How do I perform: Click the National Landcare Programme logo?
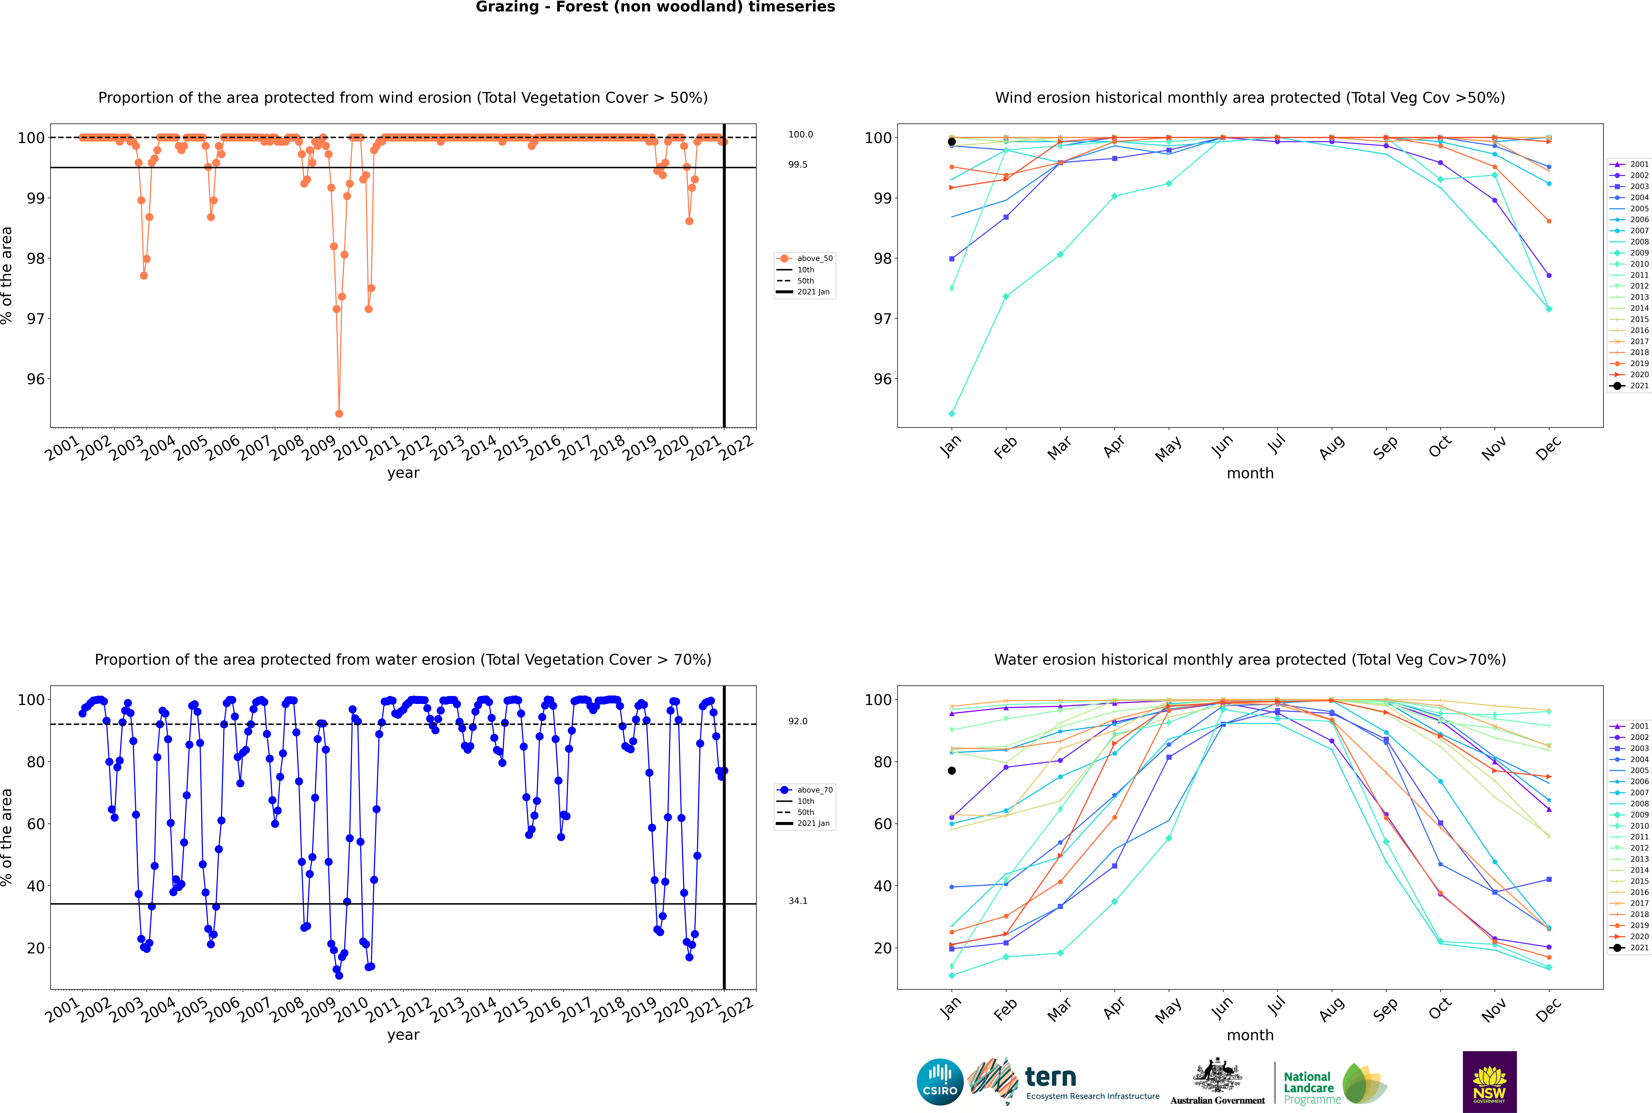click(x=1334, y=1084)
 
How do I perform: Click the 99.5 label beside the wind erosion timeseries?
click(x=798, y=165)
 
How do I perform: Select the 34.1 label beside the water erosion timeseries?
click(x=798, y=901)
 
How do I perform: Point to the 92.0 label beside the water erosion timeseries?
click(x=798, y=721)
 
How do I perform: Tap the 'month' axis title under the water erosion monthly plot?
click(x=1250, y=1035)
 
